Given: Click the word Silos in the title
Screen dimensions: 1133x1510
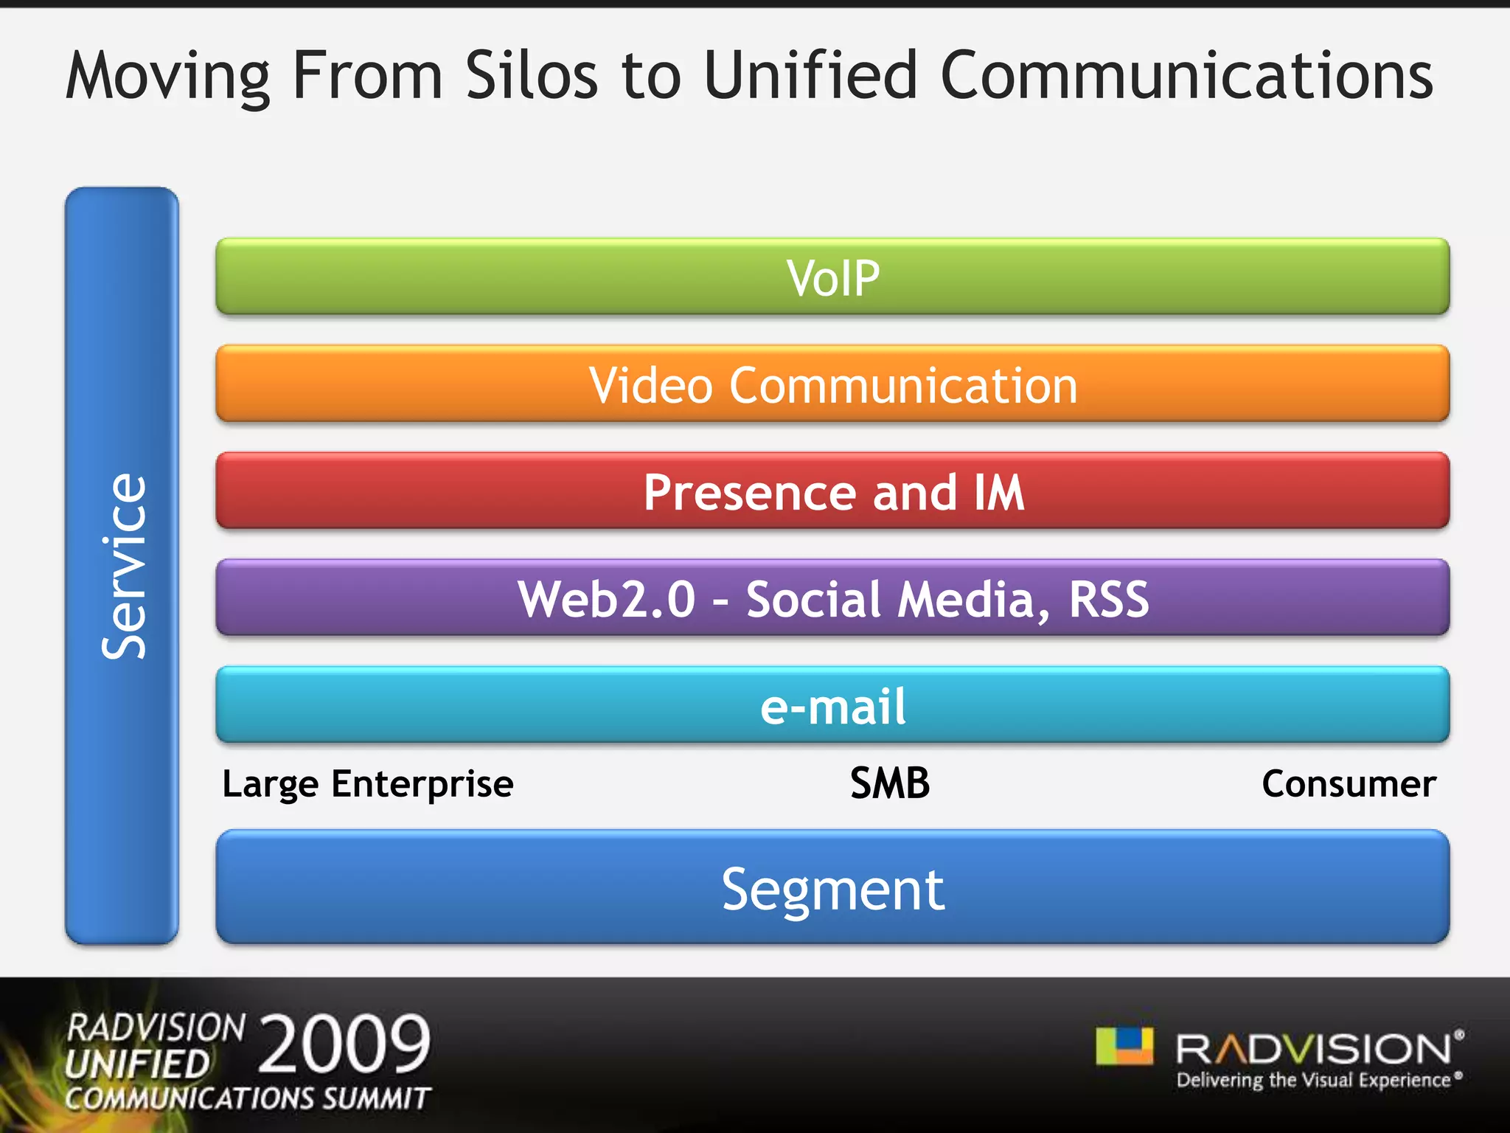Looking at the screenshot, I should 531,75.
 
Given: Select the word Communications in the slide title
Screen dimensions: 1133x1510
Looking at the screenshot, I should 1186,75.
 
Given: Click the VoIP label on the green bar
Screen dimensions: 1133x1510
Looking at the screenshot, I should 832,278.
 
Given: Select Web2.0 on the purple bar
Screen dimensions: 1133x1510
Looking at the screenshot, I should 606,599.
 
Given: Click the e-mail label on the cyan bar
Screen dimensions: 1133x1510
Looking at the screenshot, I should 832,706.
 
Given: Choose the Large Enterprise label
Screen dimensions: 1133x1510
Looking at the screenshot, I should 367,784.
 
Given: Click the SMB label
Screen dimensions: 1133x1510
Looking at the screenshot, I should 889,783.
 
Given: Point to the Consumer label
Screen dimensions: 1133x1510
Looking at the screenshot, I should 1349,783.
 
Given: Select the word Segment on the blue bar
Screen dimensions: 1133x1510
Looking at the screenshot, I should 832,890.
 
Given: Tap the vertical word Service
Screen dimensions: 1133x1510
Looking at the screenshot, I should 124,566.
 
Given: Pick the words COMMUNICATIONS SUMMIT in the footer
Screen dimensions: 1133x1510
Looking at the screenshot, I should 247,1098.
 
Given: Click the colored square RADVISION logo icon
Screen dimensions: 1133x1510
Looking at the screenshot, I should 1124,1046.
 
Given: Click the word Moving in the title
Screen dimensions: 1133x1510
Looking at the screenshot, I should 168,77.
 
